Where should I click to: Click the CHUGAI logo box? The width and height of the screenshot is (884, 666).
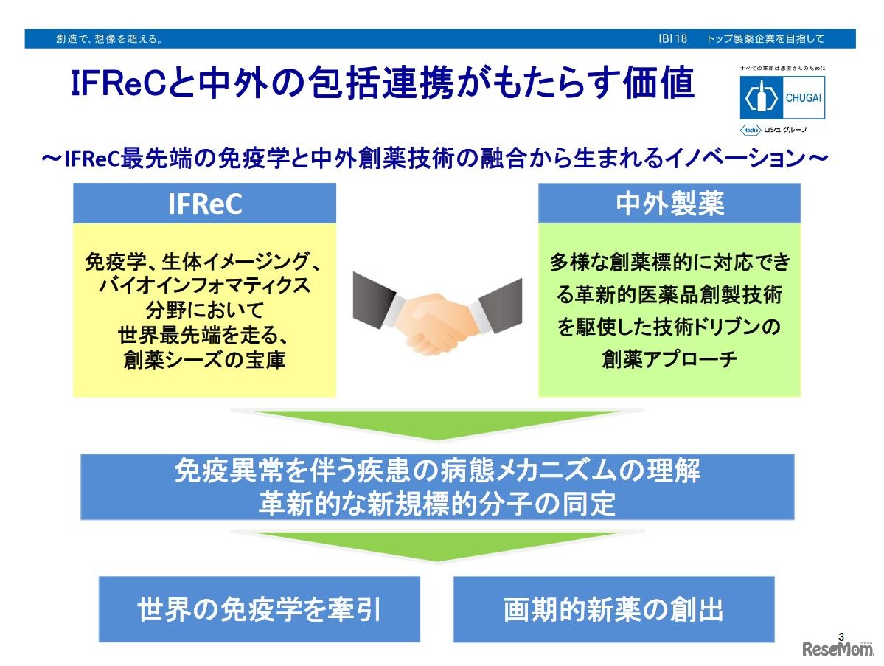[x=782, y=97]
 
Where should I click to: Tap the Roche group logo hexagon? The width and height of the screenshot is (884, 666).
[x=751, y=130]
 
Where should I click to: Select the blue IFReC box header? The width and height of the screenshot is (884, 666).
[x=205, y=204]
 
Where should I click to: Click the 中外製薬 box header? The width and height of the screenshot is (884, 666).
[x=669, y=204]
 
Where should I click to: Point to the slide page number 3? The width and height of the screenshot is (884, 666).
[x=841, y=636]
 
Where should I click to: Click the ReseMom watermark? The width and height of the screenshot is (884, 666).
[x=838, y=649]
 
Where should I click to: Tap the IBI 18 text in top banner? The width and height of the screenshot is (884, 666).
[x=672, y=39]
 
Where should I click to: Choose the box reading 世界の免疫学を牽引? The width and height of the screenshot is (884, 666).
[x=260, y=609]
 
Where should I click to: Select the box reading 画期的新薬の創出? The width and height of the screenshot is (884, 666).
[x=614, y=609]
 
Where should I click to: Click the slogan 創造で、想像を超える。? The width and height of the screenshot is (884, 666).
[x=110, y=39]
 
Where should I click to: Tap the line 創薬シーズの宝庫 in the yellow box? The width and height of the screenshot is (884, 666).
[x=205, y=360]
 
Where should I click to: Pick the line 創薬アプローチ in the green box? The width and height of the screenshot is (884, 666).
[x=669, y=358]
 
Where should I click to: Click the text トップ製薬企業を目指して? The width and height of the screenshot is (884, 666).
[x=765, y=39]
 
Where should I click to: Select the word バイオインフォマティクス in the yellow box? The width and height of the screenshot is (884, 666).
[x=205, y=285]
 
